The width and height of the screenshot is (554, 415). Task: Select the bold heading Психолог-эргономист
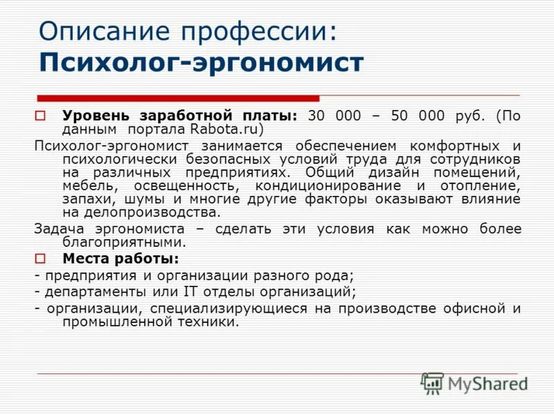(201, 62)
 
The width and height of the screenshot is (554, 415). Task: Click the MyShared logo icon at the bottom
(432, 382)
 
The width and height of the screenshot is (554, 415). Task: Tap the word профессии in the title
(252, 33)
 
